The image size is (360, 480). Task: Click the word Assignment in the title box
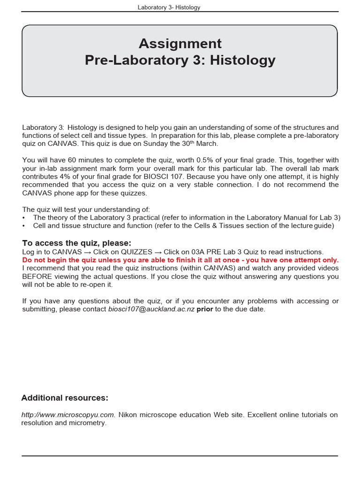pyautogui.click(x=180, y=44)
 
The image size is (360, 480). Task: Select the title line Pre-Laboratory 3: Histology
pyautogui.click(x=180, y=60)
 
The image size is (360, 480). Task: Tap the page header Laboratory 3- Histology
pyautogui.click(x=169, y=7)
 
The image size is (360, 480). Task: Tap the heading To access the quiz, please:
pyautogui.click(x=77, y=243)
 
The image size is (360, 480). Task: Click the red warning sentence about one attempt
pyautogui.click(x=180, y=260)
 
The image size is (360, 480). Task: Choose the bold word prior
pyautogui.click(x=205, y=309)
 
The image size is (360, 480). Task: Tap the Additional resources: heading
pyautogui.click(x=65, y=398)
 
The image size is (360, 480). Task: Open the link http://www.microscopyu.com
pyautogui.click(x=68, y=415)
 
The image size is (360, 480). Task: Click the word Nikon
pyautogui.click(x=127, y=415)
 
